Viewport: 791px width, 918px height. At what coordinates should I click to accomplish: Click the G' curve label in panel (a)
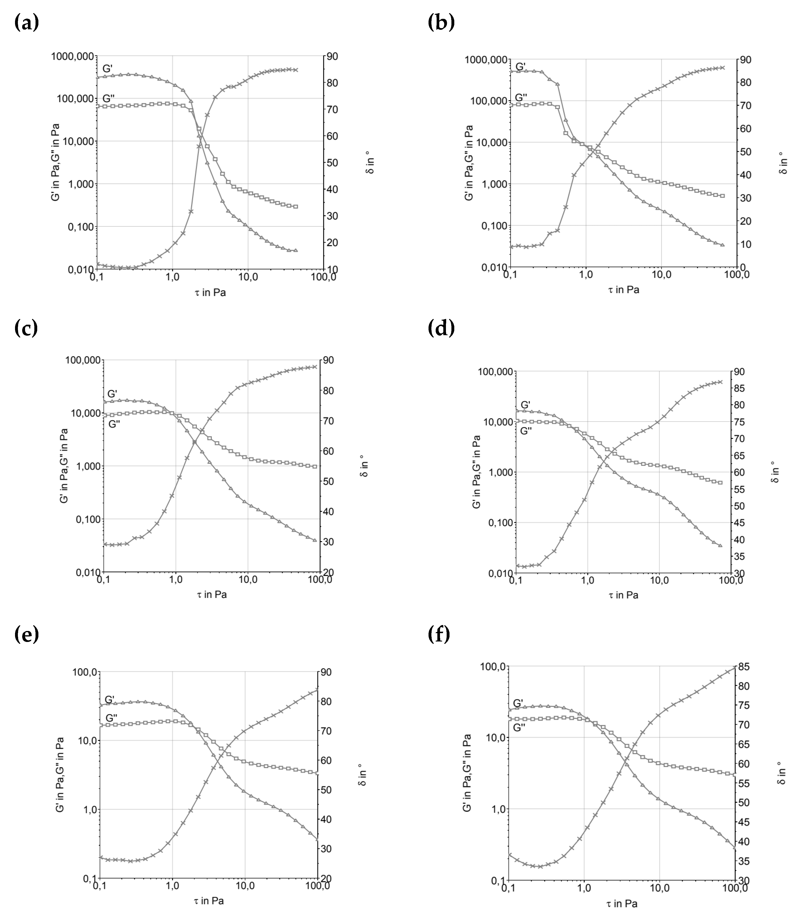pyautogui.click(x=108, y=69)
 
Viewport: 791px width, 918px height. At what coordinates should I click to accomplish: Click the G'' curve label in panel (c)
pyautogui.click(x=114, y=424)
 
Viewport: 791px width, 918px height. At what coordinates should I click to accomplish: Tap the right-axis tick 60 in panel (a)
pyautogui.click(x=332, y=136)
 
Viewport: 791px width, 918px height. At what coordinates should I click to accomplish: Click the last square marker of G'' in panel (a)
pyautogui.click(x=295, y=206)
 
